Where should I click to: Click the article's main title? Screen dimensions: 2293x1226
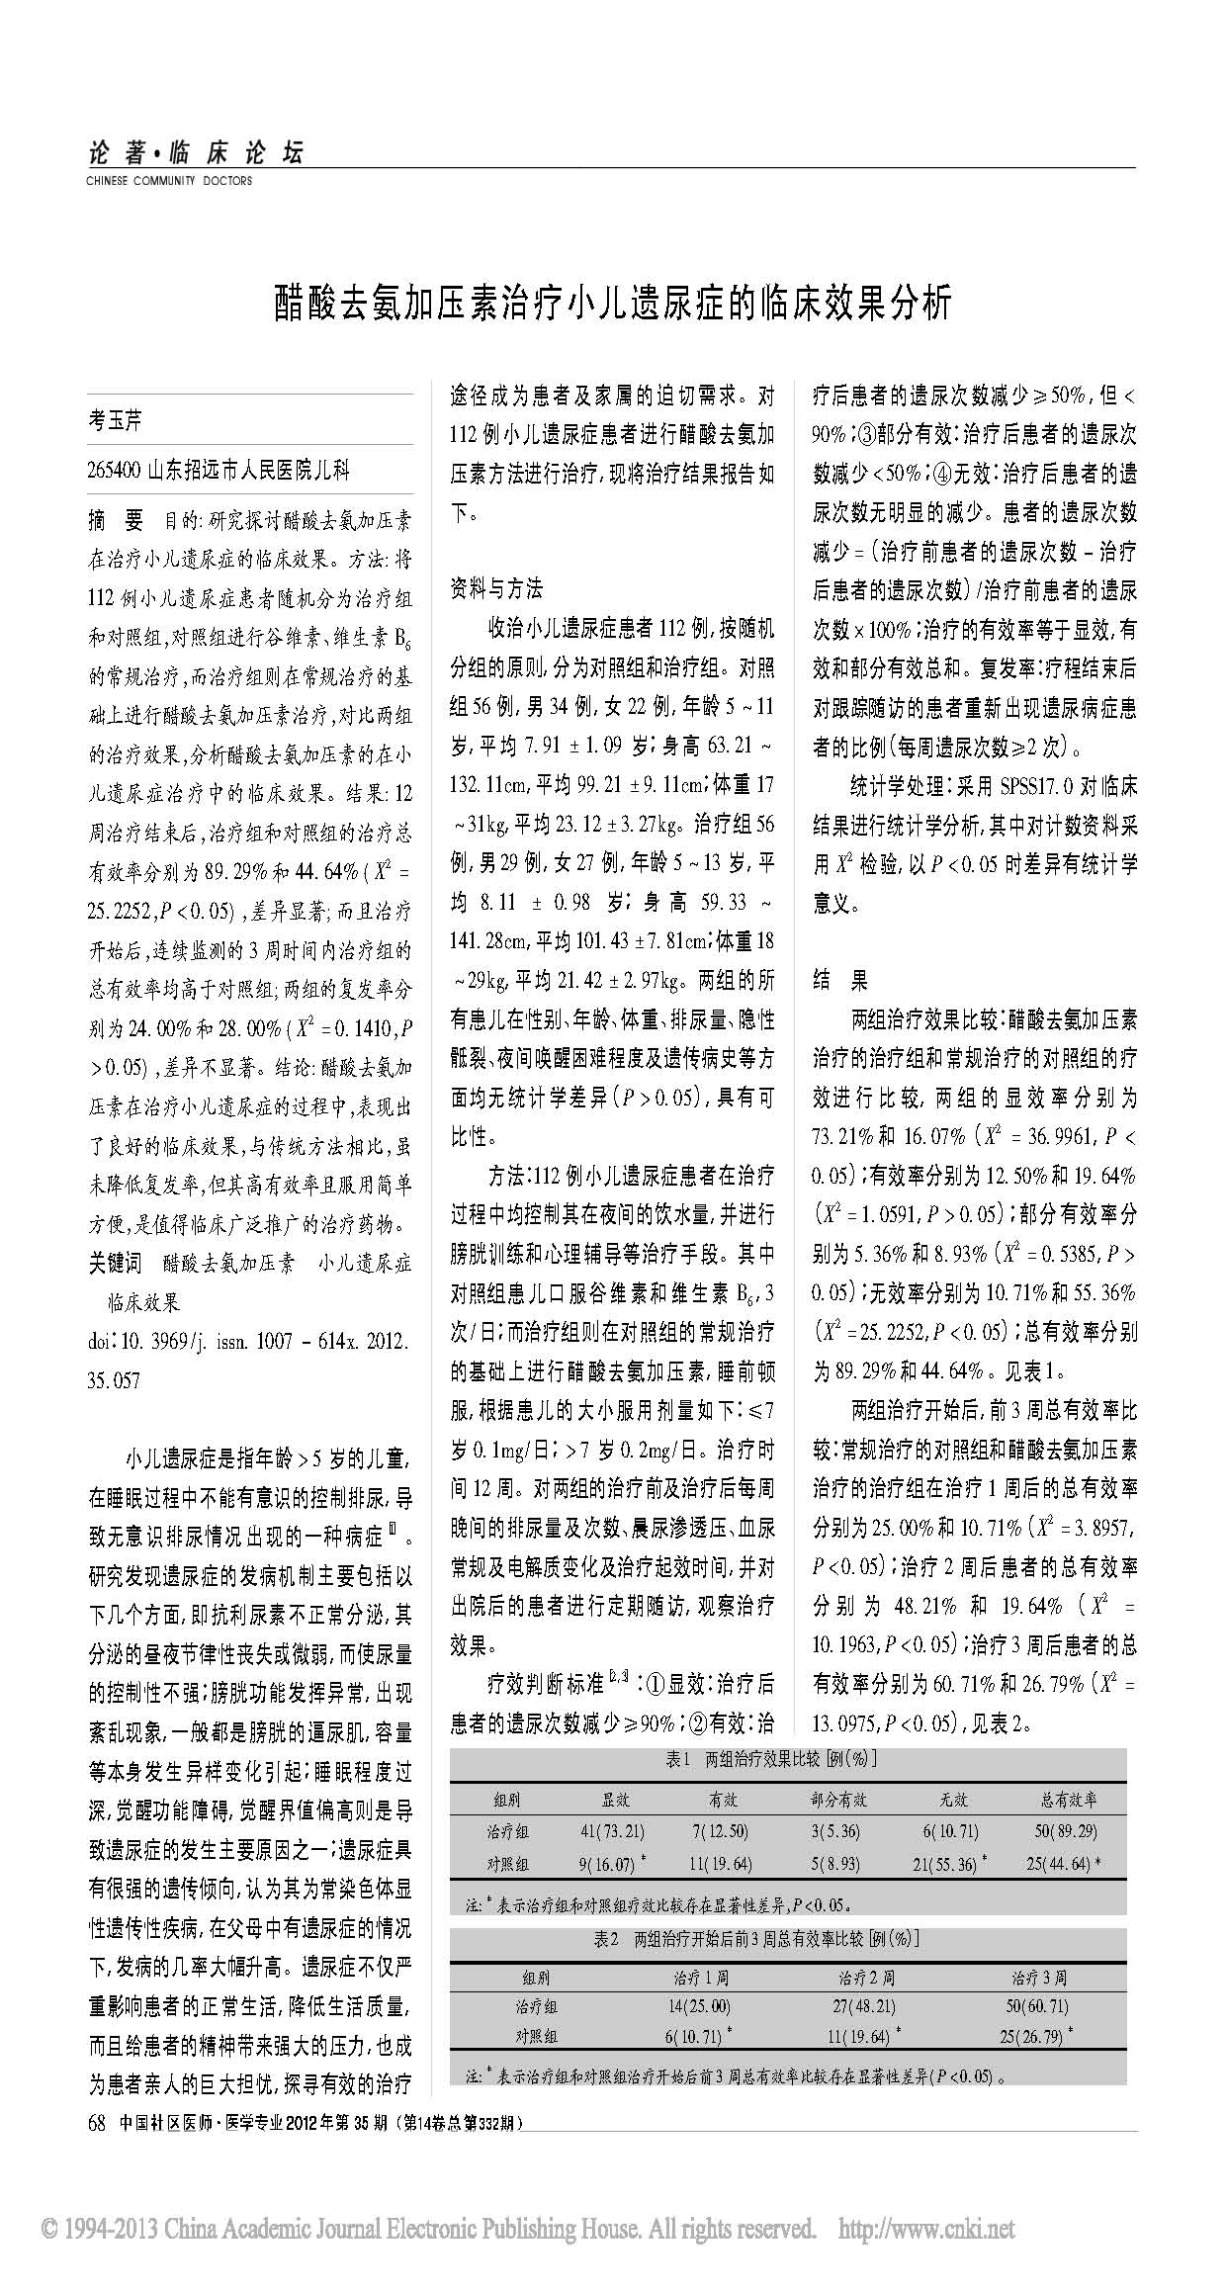(x=613, y=304)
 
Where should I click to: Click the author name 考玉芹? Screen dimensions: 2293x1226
(x=115, y=420)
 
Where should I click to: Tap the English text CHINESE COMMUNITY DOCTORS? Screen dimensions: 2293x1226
(x=169, y=181)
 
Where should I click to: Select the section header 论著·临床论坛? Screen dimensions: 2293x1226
(x=194, y=152)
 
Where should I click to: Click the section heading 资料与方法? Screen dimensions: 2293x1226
(x=496, y=589)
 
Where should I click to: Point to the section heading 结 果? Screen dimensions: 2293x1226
(x=840, y=980)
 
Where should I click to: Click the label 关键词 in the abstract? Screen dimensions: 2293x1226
(x=115, y=1263)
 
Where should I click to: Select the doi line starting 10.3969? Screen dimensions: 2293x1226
(x=247, y=1341)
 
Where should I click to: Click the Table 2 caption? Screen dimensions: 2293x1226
(x=756, y=1939)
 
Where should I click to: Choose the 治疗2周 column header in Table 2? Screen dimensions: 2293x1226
(x=866, y=1978)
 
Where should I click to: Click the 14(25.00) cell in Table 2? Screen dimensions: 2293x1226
(x=698, y=2006)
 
